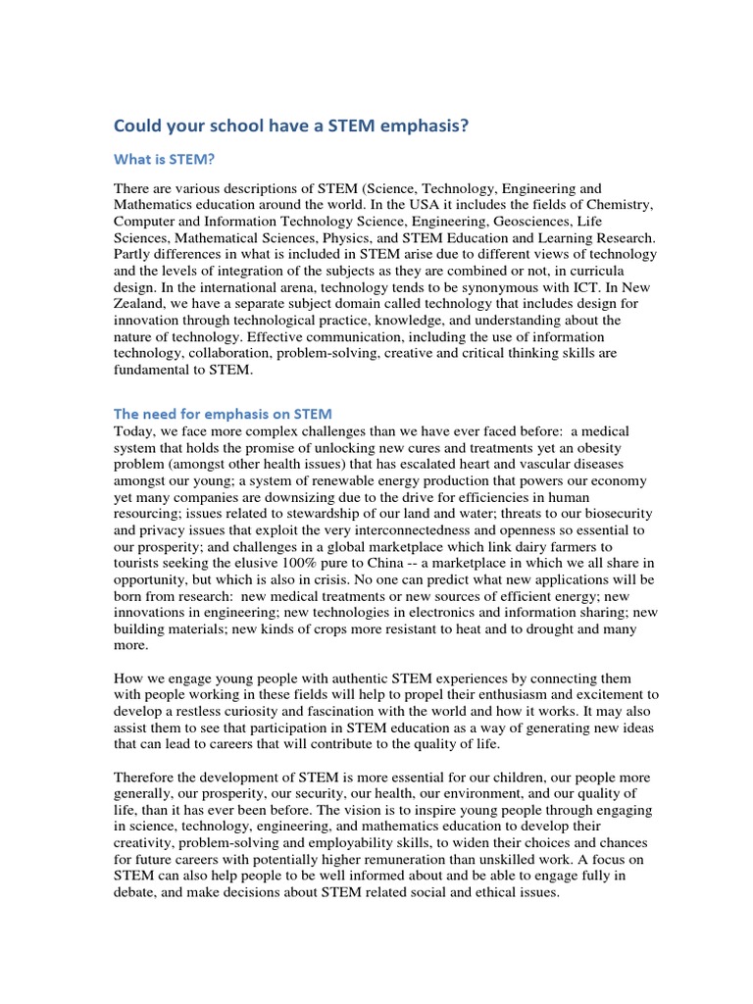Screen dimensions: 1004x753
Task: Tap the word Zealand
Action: coord(142,304)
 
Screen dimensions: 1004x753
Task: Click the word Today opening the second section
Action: coord(134,431)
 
